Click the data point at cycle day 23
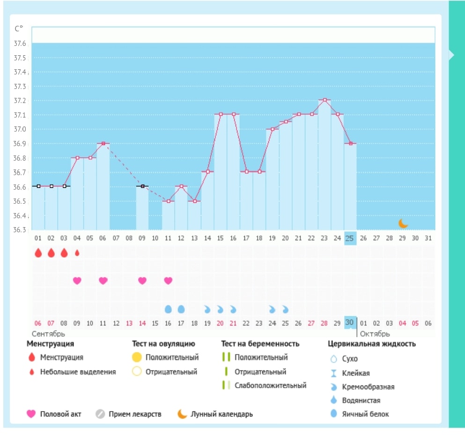(325, 100)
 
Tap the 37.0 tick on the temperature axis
(20, 129)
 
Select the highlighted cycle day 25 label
(350, 238)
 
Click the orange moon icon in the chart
(403, 223)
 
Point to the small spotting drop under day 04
(77, 253)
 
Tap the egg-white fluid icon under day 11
(168, 309)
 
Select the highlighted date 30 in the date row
(349, 323)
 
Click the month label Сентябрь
(48, 334)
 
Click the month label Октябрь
(375, 334)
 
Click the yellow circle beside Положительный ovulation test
(137, 357)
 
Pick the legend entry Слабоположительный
(271, 385)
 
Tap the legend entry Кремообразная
(368, 387)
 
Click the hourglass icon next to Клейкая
(334, 373)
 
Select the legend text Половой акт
(60, 414)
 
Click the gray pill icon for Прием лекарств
(100, 414)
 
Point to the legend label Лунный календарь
(222, 414)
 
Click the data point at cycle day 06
(103, 143)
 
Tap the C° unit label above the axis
(19, 29)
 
